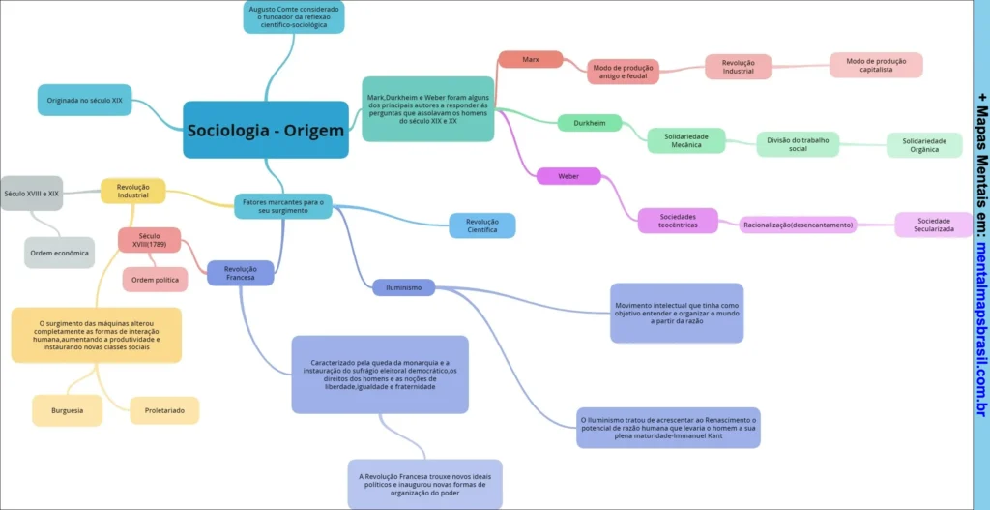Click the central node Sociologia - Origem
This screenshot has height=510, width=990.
click(266, 130)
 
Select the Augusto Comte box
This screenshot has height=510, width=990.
click(294, 17)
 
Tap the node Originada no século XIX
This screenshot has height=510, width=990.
click(84, 100)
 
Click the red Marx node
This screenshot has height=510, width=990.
click(530, 59)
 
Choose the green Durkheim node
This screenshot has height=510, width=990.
click(589, 123)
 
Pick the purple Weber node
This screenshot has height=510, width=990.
click(568, 176)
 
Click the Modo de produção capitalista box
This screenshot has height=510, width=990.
click(876, 65)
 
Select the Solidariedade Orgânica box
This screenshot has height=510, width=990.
click(924, 144)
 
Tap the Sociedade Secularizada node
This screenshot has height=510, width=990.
click(933, 225)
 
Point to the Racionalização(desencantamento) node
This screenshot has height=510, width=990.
click(798, 225)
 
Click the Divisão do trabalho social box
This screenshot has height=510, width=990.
click(798, 143)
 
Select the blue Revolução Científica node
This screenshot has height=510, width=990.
click(481, 225)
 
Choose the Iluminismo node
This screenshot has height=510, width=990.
click(403, 287)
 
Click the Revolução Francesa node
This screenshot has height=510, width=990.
click(240, 273)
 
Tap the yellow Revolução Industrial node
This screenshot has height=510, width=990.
click(132, 191)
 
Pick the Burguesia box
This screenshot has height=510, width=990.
click(67, 410)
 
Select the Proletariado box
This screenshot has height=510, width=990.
click(164, 410)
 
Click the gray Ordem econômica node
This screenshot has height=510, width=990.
click(59, 253)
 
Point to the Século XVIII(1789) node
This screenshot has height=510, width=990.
click(149, 239)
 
